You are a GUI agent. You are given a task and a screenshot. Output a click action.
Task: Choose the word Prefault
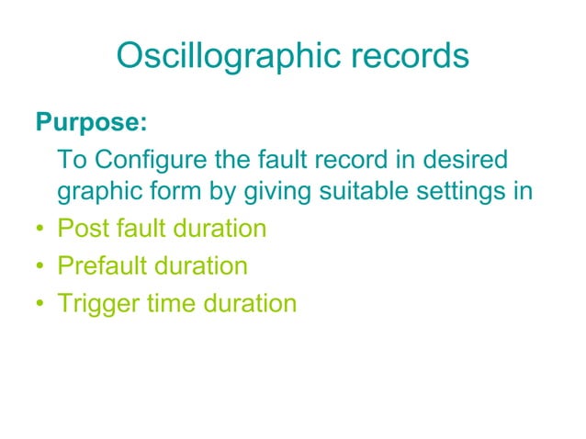click(101, 266)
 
